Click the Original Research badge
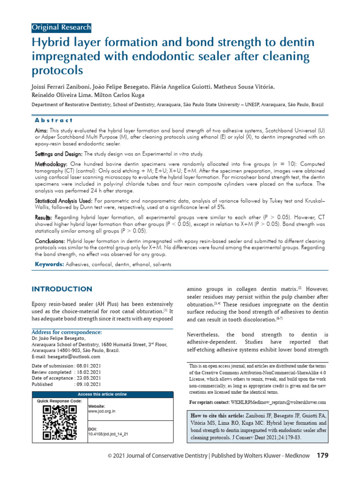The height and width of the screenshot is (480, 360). pos(61,27)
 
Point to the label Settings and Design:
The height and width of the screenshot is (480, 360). pos(58,154)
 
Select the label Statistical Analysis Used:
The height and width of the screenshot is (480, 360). pos(63,201)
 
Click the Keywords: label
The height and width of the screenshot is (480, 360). pos(50,265)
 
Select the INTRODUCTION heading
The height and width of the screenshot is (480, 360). pos(61,289)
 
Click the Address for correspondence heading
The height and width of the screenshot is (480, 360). pos(66,332)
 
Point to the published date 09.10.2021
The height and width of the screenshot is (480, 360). pos(88,384)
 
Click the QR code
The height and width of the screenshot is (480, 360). pos(60,422)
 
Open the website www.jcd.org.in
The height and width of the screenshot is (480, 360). pos(102,411)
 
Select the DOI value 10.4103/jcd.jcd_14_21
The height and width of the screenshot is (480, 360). pos(108,434)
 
